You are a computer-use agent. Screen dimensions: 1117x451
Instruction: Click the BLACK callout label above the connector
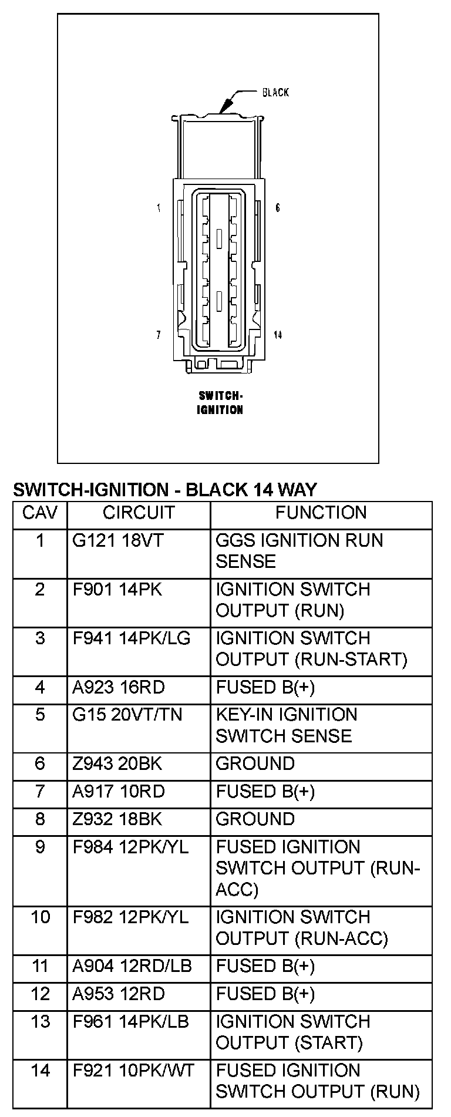click(275, 92)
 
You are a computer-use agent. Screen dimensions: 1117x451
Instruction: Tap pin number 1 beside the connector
click(159, 208)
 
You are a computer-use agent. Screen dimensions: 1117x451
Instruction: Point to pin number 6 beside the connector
click(278, 208)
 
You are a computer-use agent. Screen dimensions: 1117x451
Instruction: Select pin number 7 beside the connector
click(159, 335)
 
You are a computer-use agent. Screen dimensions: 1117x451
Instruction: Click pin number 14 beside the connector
click(278, 335)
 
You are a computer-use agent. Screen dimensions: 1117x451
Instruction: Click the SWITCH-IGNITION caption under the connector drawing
click(220, 402)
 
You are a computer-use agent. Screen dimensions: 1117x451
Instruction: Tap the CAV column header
click(40, 513)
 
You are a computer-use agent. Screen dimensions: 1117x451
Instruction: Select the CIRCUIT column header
click(139, 513)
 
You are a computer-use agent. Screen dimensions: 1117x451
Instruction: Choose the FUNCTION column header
click(321, 513)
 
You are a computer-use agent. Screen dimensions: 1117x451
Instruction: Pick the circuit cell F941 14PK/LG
click(132, 638)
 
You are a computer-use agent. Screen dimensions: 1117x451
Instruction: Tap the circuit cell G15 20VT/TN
click(127, 715)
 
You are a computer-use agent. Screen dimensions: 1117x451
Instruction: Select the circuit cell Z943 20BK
click(117, 763)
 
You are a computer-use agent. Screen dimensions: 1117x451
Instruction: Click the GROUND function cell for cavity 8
click(255, 819)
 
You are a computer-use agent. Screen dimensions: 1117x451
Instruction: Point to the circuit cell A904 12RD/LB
click(132, 965)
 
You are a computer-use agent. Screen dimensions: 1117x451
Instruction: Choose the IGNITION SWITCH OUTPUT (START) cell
click(292, 1032)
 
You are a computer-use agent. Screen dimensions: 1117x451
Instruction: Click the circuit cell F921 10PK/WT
click(133, 1071)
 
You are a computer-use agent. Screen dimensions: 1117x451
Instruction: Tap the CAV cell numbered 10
click(40, 917)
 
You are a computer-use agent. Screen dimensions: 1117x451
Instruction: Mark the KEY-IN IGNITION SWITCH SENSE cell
click(286, 725)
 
